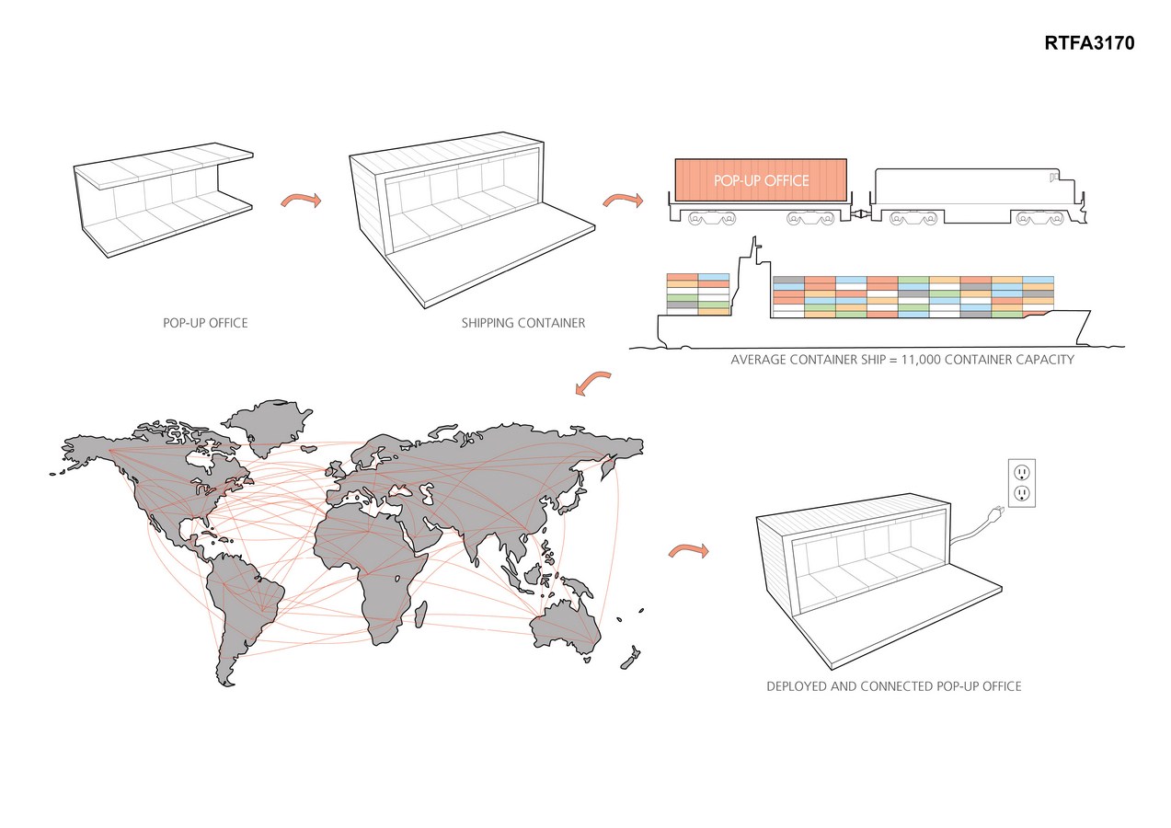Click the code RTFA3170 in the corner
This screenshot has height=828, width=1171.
[1089, 43]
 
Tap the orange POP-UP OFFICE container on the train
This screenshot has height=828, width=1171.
[761, 180]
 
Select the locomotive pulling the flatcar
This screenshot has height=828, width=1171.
[978, 197]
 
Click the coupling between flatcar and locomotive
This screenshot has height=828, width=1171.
[860, 213]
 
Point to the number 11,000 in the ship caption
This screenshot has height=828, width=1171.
[921, 360]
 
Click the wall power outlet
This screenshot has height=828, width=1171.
[1021, 483]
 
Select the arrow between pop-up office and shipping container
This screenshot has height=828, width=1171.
[301, 199]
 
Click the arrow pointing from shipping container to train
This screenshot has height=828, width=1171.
[623, 199]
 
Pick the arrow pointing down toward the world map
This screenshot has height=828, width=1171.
[591, 382]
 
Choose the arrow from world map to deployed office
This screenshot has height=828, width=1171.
[688, 550]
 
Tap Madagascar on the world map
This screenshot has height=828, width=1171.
[419, 614]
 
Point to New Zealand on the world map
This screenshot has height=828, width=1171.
[631, 659]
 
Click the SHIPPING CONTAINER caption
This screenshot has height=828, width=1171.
[523, 323]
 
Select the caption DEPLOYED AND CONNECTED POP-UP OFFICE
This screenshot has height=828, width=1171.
[894, 686]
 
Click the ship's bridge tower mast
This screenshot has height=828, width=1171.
[754, 248]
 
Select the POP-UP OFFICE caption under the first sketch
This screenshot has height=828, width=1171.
[205, 323]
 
